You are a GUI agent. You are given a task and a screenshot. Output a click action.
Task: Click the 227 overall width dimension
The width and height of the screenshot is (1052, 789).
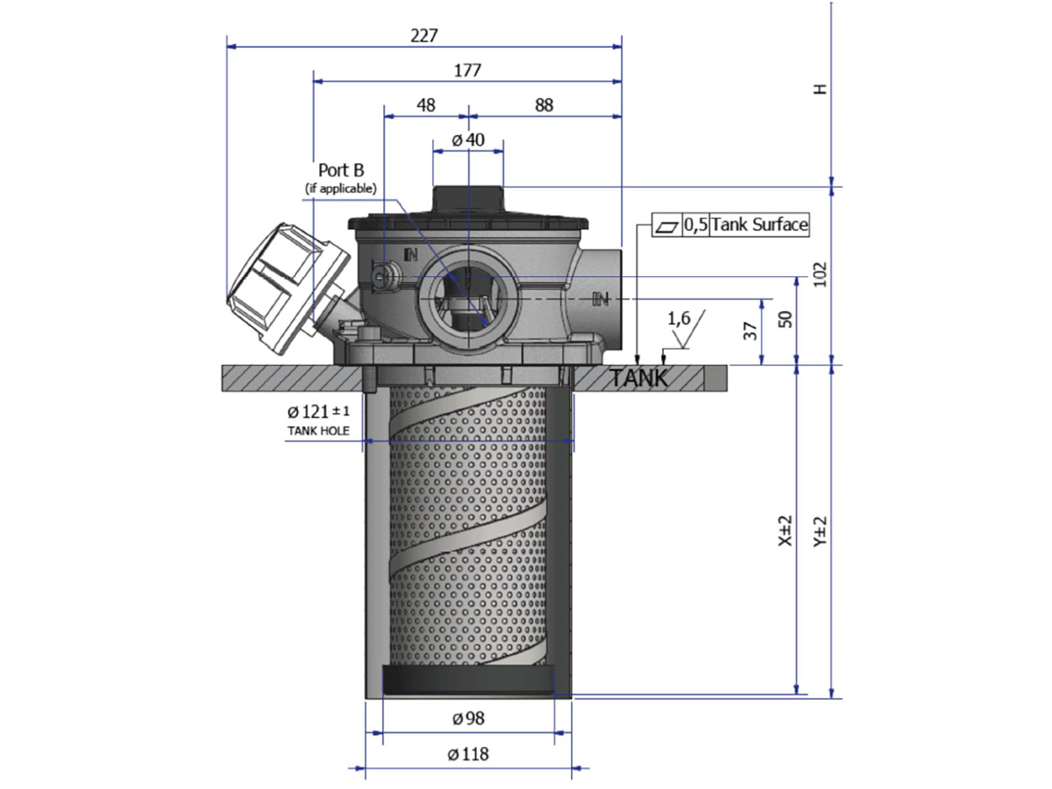[x=423, y=36]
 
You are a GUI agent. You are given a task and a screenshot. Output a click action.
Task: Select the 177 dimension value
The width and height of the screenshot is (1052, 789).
[x=467, y=70]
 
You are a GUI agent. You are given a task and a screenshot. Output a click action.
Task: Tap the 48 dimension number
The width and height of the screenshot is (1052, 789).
[x=425, y=105]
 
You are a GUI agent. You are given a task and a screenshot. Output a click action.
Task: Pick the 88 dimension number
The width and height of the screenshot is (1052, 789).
[x=544, y=105]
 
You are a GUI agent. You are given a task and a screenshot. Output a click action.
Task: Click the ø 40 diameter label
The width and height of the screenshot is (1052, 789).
[x=468, y=140]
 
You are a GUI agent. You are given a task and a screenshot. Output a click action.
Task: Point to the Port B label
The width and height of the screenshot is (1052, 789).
[x=341, y=170]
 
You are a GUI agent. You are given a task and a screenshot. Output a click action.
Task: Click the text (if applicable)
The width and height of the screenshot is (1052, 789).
[x=341, y=189]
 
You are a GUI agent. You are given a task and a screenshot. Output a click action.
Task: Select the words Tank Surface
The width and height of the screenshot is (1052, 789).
[x=759, y=225]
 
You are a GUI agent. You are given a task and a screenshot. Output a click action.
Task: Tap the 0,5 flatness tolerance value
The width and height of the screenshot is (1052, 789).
[x=696, y=225]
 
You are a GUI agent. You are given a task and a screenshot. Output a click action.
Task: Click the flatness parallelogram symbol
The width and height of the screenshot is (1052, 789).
[x=667, y=226]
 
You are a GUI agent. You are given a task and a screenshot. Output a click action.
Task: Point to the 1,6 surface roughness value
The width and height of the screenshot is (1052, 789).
[x=679, y=319]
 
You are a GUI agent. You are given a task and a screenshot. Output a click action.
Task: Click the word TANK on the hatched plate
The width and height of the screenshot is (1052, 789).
[x=638, y=379]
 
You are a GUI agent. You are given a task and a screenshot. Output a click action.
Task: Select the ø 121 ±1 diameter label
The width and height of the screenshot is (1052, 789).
[x=318, y=412]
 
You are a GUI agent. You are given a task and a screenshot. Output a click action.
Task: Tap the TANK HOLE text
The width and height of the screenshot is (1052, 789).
[x=318, y=431]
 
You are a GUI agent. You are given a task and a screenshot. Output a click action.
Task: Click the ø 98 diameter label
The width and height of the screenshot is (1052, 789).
[x=468, y=719]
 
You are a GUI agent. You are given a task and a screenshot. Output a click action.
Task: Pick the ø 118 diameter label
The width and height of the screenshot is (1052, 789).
[x=468, y=754]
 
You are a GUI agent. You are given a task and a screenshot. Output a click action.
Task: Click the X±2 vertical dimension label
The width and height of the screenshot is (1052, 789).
[x=785, y=530]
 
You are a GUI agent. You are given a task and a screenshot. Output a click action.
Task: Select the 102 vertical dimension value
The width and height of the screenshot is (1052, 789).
[x=820, y=274]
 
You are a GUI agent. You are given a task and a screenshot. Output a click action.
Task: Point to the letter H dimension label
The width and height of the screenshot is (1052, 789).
[x=820, y=89]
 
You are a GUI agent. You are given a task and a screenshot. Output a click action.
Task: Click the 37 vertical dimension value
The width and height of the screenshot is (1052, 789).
[x=750, y=331]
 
